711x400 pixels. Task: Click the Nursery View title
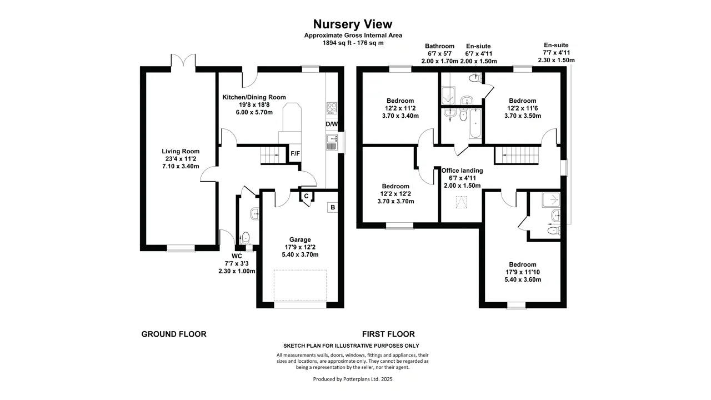point(353,24)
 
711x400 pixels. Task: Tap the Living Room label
point(181,152)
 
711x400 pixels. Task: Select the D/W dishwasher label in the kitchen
point(332,124)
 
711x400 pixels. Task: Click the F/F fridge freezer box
point(295,154)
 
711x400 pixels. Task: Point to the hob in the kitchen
point(332,108)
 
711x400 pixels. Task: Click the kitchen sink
point(332,142)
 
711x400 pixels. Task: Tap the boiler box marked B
point(333,207)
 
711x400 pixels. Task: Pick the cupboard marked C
point(306,196)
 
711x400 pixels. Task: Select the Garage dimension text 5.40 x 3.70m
point(300,254)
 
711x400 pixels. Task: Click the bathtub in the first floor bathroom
point(475,123)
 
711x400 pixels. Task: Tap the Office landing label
point(462,171)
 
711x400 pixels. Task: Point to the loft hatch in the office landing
point(461,202)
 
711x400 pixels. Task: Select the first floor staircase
point(517,155)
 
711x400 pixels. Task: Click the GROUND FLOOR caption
point(174,334)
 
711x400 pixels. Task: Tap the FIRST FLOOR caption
point(388,334)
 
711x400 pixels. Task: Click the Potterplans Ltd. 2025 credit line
point(353,379)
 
